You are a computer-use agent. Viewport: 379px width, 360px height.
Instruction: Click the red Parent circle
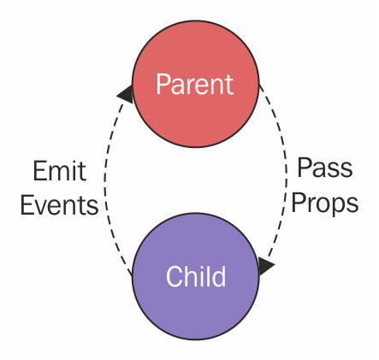point(196,84)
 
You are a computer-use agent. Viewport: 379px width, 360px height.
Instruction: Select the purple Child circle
point(196,276)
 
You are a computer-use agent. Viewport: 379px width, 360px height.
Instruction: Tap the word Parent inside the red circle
point(195,84)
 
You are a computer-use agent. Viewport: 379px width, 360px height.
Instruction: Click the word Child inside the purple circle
point(196,276)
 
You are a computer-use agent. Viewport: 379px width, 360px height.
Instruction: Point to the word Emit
point(59,171)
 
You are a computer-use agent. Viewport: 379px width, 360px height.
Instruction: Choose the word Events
point(59,204)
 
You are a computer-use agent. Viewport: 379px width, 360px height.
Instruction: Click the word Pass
point(324,168)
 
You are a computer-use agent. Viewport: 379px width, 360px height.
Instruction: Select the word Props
point(324,203)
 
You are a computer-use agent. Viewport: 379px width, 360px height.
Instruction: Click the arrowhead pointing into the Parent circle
point(126,94)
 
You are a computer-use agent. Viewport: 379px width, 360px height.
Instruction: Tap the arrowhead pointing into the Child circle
point(266,266)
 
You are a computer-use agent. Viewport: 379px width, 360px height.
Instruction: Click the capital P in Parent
point(163,84)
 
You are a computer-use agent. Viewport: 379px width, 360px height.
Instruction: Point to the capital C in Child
point(175,276)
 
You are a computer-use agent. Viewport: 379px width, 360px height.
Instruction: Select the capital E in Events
point(27,204)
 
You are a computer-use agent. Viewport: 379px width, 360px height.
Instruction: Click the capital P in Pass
point(304,168)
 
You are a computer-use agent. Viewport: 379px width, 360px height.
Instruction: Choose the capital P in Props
point(298,202)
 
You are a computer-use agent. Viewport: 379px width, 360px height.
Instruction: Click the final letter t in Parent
point(229,85)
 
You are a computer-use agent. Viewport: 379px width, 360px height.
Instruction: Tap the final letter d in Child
point(219,276)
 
